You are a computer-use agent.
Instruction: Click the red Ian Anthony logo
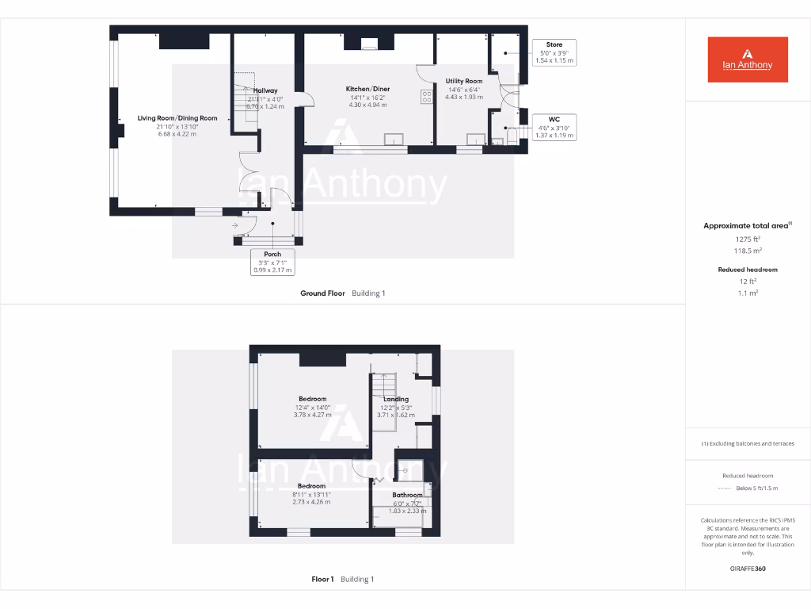(748, 59)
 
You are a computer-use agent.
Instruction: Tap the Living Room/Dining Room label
(177, 118)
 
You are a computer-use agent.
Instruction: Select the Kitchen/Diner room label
(367, 89)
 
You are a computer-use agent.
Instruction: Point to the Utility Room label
(463, 81)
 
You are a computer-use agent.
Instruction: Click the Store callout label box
(554, 52)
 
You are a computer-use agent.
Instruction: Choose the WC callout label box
(554, 127)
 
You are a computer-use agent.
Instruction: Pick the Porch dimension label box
(272, 262)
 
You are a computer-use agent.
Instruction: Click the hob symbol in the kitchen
(427, 97)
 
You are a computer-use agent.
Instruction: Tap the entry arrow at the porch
(236, 226)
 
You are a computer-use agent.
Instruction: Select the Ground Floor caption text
(322, 293)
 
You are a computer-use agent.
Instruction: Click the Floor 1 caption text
(322, 580)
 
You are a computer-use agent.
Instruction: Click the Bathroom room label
(408, 495)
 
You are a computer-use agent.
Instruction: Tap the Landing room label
(396, 399)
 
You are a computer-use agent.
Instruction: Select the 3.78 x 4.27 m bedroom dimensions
(312, 415)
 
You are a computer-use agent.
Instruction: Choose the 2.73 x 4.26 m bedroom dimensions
(311, 502)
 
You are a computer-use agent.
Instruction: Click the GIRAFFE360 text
(748, 569)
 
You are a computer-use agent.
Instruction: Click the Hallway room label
(265, 90)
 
